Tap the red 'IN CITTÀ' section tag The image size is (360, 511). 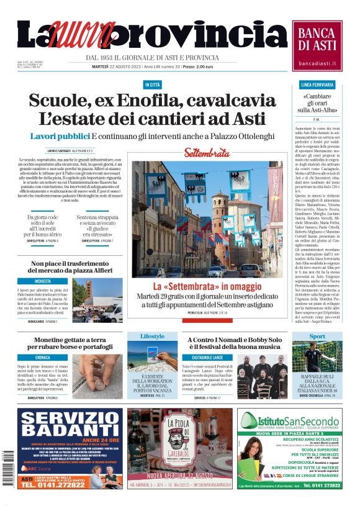pyautogui.click(x=152, y=84)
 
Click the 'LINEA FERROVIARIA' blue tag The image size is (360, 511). pyautogui.click(x=317, y=84)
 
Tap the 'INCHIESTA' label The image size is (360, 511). pyautogui.click(x=43, y=281)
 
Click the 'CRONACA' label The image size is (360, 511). pyautogui.click(x=43, y=358)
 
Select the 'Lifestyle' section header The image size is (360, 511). pyautogui.click(x=152, y=336)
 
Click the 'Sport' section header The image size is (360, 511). pyautogui.click(x=317, y=336)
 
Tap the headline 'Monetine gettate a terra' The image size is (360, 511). pyautogui.click(x=71, y=340)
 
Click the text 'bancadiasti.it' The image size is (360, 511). pyautogui.click(x=317, y=63)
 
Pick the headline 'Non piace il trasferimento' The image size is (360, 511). pyautogui.click(x=71, y=264)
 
